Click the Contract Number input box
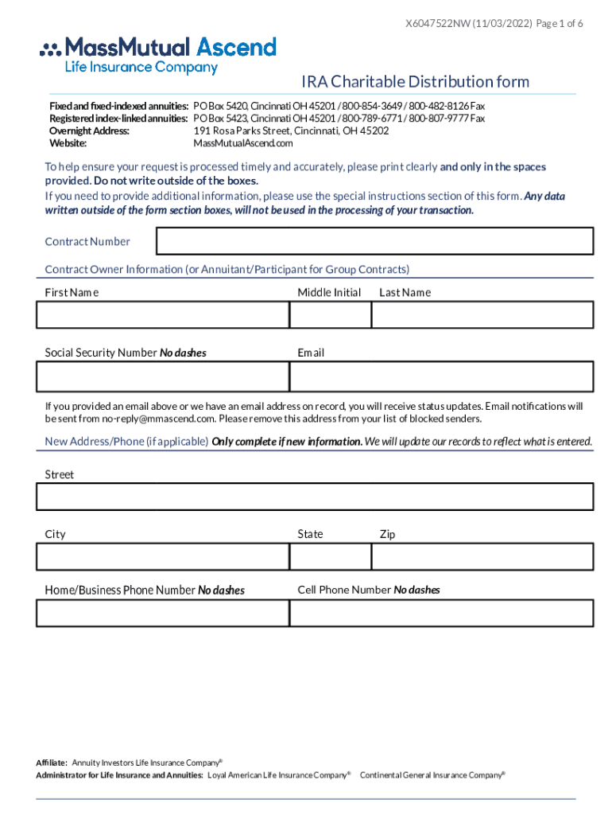(375, 241)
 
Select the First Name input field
(163, 315)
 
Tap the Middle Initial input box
(330, 315)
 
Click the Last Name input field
(482, 315)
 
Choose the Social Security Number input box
(163, 376)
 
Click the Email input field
(441, 376)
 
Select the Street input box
(315, 497)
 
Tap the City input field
(163, 557)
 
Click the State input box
(330, 557)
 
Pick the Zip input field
(482, 557)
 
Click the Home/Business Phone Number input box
(163, 613)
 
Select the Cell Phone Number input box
(441, 613)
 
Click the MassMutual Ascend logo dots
(50, 49)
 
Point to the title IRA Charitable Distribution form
(415, 82)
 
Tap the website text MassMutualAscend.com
(243, 143)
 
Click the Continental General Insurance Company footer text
(432, 774)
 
